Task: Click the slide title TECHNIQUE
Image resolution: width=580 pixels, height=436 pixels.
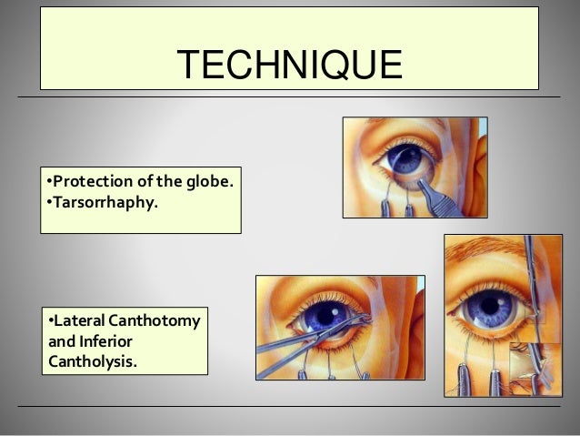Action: pos(289,65)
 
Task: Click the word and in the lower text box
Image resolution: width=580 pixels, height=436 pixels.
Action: pos(58,341)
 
